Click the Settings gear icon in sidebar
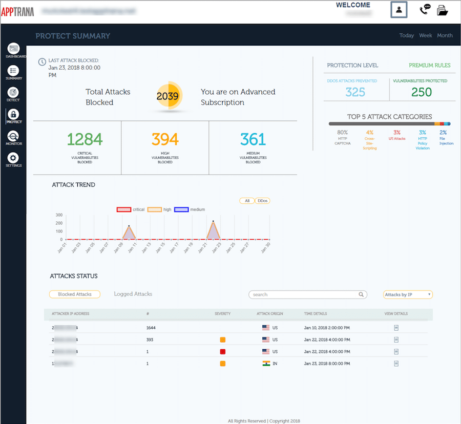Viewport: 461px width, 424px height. (x=13, y=158)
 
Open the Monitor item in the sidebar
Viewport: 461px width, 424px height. (x=13, y=136)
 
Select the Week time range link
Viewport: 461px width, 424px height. (x=425, y=35)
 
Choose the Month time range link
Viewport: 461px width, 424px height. (x=445, y=35)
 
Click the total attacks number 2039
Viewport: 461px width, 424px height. (x=167, y=96)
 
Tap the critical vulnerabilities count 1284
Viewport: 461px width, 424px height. (x=85, y=139)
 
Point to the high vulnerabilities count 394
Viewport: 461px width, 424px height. (x=165, y=139)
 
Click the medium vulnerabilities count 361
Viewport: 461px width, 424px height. (x=253, y=139)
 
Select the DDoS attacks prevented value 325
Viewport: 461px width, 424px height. (x=355, y=92)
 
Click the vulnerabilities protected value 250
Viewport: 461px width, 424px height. (x=422, y=92)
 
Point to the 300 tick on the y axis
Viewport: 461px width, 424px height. (x=59, y=215)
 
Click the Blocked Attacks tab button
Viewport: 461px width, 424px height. (x=75, y=294)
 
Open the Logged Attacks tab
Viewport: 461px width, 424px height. (x=133, y=294)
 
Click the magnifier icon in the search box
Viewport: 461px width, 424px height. (x=361, y=294)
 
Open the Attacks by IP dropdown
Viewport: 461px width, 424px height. (x=408, y=294)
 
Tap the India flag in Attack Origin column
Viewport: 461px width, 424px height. (x=265, y=363)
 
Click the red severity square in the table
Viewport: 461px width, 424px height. (x=223, y=351)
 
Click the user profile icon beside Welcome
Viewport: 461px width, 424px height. (x=399, y=10)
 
